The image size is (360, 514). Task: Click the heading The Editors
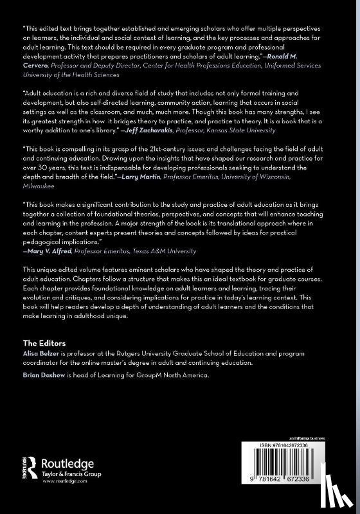44,343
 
